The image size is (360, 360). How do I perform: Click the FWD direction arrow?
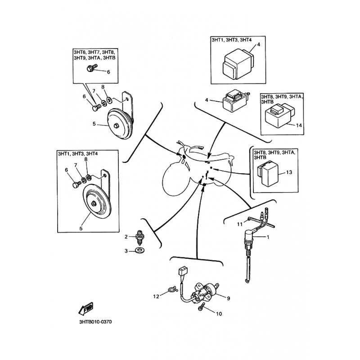coord(86,309)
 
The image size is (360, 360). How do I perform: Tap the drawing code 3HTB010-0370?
coord(95,322)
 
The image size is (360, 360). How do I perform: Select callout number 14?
coord(299,126)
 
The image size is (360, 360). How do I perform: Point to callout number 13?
coord(289,172)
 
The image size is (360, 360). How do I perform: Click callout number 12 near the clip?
coord(156,297)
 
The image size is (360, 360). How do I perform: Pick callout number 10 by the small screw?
coord(219,314)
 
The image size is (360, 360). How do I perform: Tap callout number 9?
coord(229,298)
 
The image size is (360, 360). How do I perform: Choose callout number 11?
coord(240,224)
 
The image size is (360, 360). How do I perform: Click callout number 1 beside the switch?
coord(268,237)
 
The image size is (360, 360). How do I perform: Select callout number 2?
coord(126,237)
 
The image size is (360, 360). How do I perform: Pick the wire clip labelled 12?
coord(172,289)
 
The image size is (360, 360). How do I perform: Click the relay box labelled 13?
coord(268,172)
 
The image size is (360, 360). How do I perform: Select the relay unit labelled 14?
coord(280,115)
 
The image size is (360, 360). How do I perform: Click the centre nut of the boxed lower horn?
coord(94,203)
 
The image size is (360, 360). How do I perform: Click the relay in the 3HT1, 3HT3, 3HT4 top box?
coord(238,65)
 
